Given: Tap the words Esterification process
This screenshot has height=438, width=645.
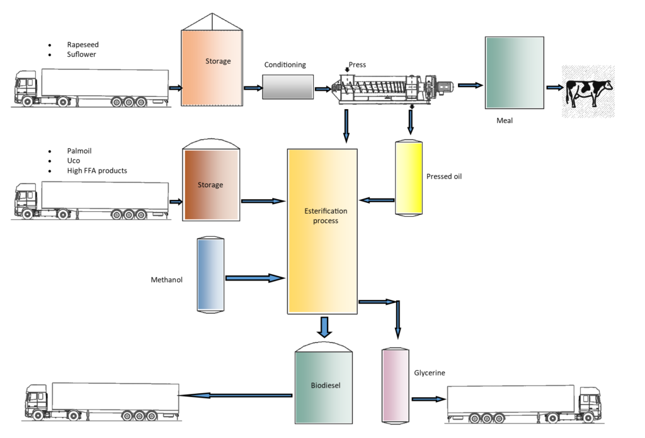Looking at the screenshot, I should tap(325, 216).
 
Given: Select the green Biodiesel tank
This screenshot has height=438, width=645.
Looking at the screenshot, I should tap(324, 386).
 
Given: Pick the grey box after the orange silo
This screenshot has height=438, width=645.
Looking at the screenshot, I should tap(287, 87).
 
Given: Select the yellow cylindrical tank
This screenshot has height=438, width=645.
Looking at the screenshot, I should tap(409, 178).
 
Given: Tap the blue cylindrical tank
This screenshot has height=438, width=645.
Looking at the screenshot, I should tap(210, 274).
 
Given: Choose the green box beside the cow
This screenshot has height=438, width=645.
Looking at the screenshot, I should tap(514, 72).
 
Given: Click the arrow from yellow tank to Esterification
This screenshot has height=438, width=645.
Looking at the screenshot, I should tap(379, 200).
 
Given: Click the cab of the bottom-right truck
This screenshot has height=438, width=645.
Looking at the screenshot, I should tap(590, 403).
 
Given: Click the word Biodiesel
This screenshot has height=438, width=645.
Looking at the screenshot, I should tap(326, 385).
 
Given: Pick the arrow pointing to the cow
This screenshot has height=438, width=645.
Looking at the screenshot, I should tap(554, 88).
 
